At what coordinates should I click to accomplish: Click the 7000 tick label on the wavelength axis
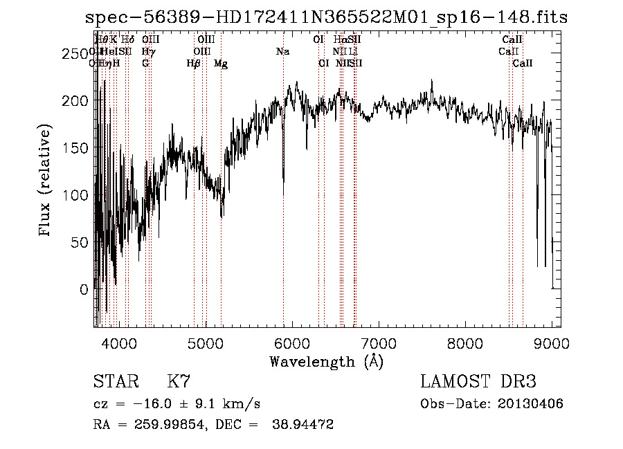point(379,343)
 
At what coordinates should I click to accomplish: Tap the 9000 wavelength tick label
point(552,343)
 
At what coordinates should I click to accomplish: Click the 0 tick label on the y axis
point(84,289)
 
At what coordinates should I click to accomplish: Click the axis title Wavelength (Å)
point(326,361)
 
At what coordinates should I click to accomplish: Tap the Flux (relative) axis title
point(46,181)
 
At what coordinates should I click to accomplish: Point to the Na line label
point(282,52)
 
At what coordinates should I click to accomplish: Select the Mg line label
point(221,64)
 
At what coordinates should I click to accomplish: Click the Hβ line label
point(194,64)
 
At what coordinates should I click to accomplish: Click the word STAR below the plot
point(115,382)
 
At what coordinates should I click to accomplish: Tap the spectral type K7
point(179,382)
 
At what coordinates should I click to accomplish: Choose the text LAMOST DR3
point(478,382)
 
